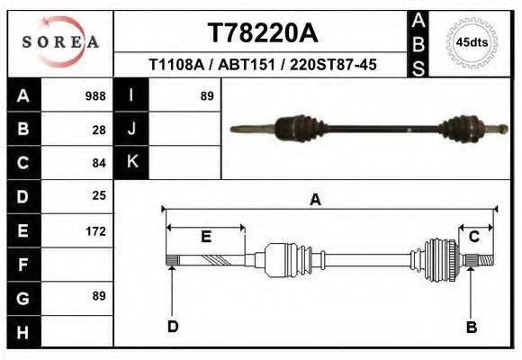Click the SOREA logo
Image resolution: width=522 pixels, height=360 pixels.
pos(60,41)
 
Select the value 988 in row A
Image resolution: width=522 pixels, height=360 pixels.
pos(94,95)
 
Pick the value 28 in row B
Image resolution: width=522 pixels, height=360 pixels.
pos(99,129)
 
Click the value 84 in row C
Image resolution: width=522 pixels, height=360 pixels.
pos(99,163)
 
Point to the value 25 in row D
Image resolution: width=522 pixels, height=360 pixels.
pos(99,195)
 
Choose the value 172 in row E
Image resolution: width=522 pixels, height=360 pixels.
pos(94,230)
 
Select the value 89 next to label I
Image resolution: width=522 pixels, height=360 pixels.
pos(206,95)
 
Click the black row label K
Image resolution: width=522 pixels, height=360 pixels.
pos(131,162)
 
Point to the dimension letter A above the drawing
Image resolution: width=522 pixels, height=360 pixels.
pos(315,200)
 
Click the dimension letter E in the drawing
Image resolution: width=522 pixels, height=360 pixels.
pos(205,237)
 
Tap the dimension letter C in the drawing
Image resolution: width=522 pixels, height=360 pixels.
pos(473,237)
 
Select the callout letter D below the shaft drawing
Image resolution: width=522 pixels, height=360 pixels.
pos(172,327)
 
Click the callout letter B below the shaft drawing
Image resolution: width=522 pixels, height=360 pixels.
pos(471,327)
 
